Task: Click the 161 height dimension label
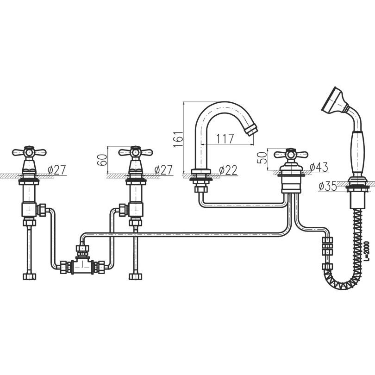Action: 179,139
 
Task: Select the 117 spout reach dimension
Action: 225,139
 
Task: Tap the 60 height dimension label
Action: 102,160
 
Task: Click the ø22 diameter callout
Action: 228,170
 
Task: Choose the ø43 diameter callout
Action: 319,167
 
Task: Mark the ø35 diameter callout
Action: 328,186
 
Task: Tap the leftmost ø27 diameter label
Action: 56,170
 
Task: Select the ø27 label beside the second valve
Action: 163,170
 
